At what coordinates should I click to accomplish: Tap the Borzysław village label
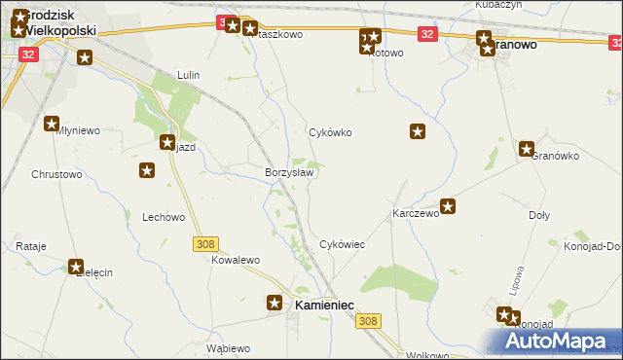pyautogui.click(x=289, y=172)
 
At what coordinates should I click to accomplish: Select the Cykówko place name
pyautogui.click(x=329, y=132)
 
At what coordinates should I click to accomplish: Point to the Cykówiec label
pyautogui.click(x=343, y=245)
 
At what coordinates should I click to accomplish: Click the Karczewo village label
pyautogui.click(x=416, y=213)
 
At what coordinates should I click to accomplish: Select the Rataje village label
pyautogui.click(x=31, y=247)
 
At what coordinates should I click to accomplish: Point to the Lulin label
pyautogui.click(x=188, y=75)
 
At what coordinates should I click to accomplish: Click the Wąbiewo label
pyautogui.click(x=229, y=348)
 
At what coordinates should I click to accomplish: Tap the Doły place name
pyautogui.click(x=539, y=215)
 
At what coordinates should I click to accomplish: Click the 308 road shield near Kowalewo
pyautogui.click(x=205, y=244)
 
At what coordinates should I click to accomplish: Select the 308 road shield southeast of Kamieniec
pyautogui.click(x=368, y=321)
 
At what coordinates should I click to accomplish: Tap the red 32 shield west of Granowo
pyautogui.click(x=427, y=34)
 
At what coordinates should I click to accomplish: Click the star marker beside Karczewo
pyautogui.click(x=448, y=205)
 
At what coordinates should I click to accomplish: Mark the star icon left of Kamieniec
pyautogui.click(x=275, y=303)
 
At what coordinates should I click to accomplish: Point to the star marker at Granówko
pyautogui.click(x=527, y=149)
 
